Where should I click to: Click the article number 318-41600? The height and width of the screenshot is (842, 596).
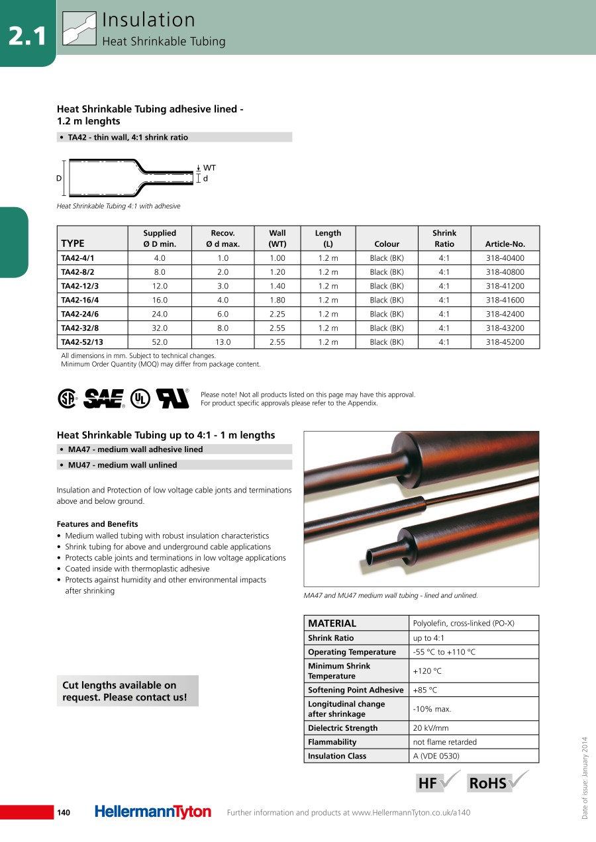(505, 300)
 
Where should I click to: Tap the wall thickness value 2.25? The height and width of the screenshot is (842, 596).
(277, 314)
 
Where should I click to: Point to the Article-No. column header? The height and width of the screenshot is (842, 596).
(505, 244)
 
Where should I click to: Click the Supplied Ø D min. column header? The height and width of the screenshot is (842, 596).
(160, 238)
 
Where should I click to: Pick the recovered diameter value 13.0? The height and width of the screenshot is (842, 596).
(223, 342)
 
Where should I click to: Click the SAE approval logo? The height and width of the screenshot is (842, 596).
(104, 398)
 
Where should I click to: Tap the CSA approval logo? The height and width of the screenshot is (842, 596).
(67, 398)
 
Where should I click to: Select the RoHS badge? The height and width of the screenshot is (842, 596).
(490, 783)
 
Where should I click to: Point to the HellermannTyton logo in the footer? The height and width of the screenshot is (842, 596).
(153, 812)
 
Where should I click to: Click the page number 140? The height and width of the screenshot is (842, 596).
(64, 813)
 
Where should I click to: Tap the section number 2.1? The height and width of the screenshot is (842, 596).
(28, 36)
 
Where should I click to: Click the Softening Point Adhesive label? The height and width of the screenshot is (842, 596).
(356, 690)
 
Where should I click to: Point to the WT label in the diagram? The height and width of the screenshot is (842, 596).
(209, 168)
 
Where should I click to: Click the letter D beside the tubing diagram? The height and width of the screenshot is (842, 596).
(59, 179)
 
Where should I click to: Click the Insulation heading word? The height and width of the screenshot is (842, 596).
(148, 21)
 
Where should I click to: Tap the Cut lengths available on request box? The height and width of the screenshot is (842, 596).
(127, 691)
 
